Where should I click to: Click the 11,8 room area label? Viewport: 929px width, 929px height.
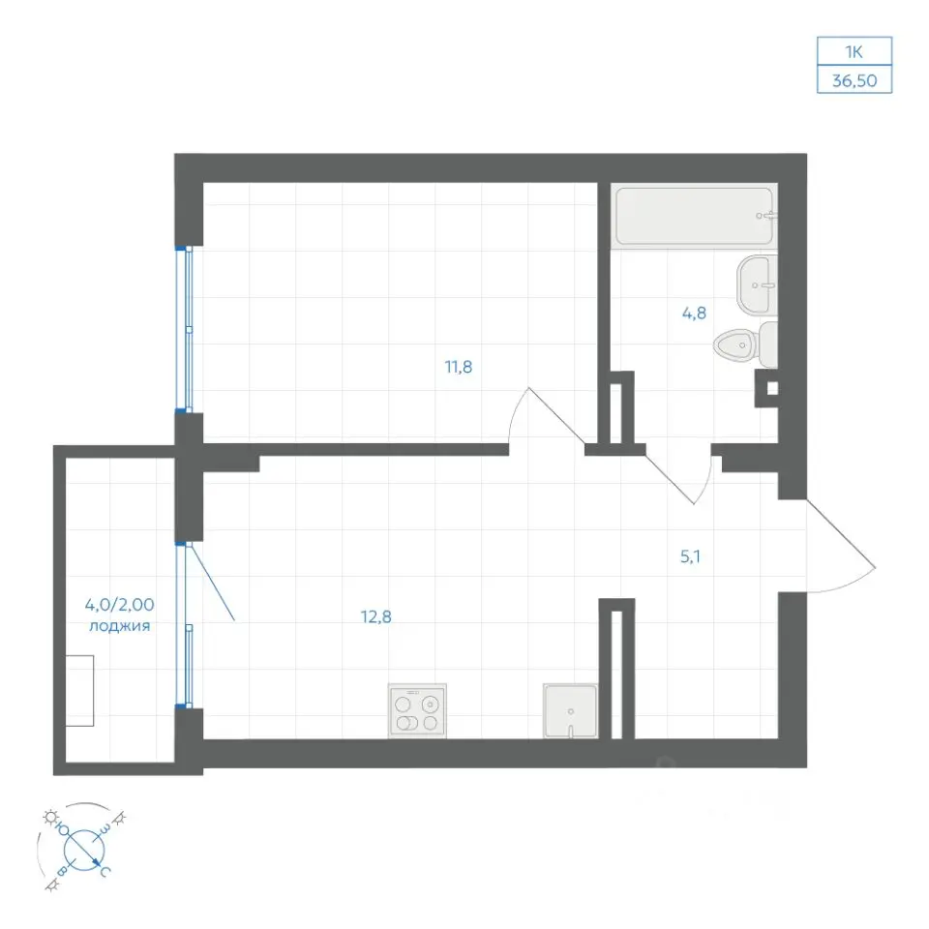(459, 368)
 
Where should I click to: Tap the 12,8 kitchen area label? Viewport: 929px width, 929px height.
(376, 616)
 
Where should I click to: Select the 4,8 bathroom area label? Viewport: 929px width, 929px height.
(694, 313)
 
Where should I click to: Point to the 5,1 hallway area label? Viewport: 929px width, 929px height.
(690, 556)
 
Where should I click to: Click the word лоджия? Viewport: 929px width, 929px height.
(120, 626)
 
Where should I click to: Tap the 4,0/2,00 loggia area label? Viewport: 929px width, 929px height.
(120, 605)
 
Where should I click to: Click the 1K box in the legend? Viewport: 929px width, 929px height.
(854, 51)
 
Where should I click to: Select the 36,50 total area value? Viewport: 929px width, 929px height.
(854, 80)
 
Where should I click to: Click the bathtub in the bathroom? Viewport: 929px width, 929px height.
(695, 216)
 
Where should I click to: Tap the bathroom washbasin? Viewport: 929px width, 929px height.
(757, 285)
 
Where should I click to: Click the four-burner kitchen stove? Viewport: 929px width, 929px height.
(417, 711)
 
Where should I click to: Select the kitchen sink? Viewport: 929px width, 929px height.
(570, 711)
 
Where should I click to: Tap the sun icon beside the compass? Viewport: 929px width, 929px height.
(49, 818)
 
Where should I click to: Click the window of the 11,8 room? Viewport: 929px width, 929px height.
(184, 329)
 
